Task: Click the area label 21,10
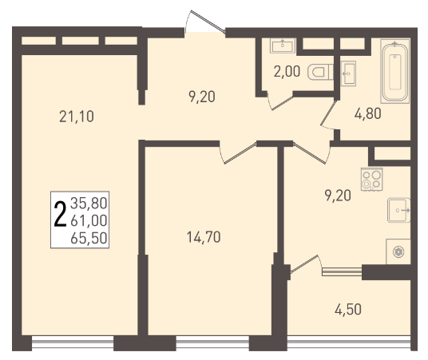(77, 117)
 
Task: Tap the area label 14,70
(204, 237)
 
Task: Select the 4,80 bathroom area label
(367, 113)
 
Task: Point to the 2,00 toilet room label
(287, 72)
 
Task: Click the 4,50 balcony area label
(348, 310)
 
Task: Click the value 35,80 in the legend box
(89, 204)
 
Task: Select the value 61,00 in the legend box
(89, 220)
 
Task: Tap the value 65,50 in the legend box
(89, 238)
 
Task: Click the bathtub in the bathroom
(395, 72)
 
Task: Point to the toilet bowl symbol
(320, 72)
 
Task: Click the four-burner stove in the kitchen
(371, 179)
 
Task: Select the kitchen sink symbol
(398, 210)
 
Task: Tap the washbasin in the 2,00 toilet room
(283, 45)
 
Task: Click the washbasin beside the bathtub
(348, 73)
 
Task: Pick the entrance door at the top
(204, 22)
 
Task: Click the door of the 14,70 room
(237, 153)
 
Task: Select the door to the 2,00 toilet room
(280, 101)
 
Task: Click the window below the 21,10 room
(73, 342)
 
